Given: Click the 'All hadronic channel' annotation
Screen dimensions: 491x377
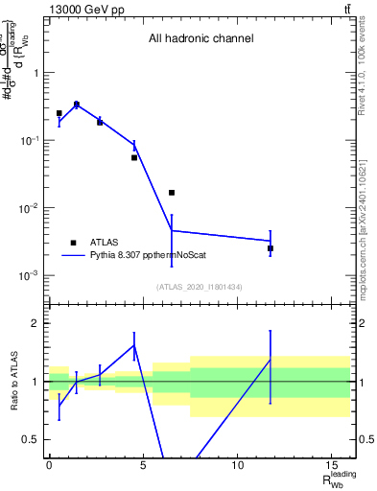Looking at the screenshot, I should click(x=200, y=39).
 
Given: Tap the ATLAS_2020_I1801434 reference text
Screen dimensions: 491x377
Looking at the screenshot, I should click(x=200, y=287).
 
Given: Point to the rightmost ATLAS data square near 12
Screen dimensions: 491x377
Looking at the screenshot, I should click(x=271, y=248).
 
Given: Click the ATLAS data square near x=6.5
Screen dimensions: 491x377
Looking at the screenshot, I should click(x=172, y=193).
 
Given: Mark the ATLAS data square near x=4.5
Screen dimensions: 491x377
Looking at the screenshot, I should click(x=134, y=157).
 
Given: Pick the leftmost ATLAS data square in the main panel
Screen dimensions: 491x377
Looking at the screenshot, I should click(x=59, y=113).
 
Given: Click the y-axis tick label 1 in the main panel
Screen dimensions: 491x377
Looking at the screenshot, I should click(x=36, y=73).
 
